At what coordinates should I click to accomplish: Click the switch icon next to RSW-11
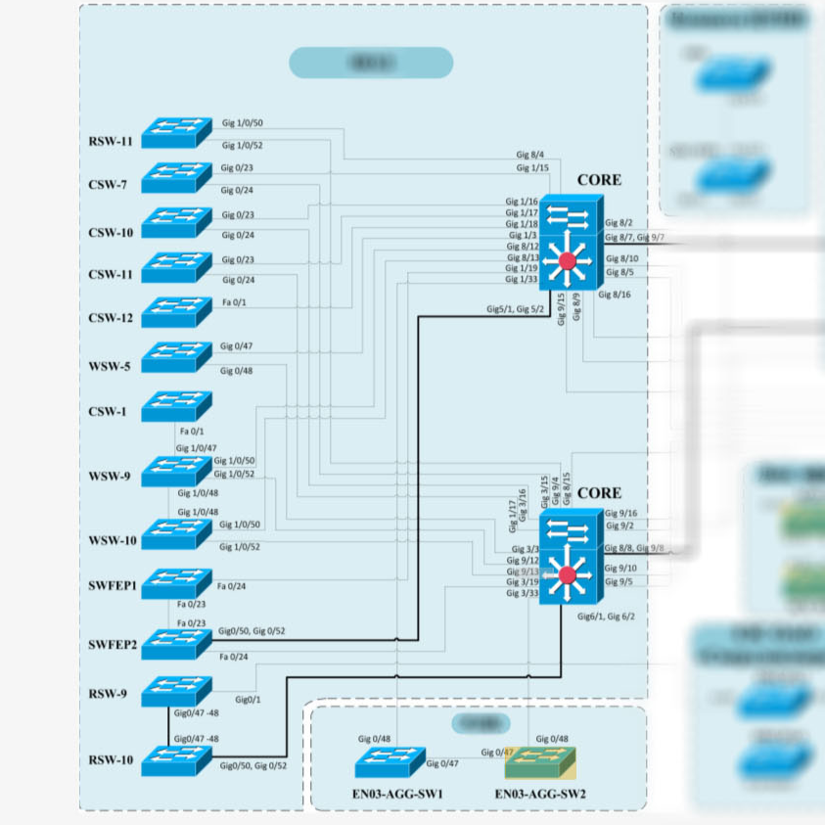coord(176,133)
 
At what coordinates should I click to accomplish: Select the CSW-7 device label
coord(110,184)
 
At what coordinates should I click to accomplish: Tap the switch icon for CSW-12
coord(176,311)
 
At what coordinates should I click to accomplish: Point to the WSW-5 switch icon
coord(176,356)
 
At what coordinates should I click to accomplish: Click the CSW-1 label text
coord(110,412)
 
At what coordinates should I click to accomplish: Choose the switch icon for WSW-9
coord(176,472)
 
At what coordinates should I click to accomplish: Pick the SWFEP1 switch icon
coord(176,584)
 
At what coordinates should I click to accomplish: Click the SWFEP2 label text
coord(113,646)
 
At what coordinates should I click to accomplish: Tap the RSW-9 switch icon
coord(176,691)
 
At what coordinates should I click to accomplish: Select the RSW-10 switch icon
coord(176,760)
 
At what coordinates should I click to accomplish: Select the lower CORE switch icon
coord(568,556)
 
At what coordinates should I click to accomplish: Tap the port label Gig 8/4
coord(530,155)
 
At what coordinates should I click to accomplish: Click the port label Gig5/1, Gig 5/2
coord(515,309)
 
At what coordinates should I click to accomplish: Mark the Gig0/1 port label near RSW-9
coord(248,699)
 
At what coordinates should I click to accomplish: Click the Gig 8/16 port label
coord(614,295)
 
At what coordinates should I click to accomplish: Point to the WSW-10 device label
coord(113,541)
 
